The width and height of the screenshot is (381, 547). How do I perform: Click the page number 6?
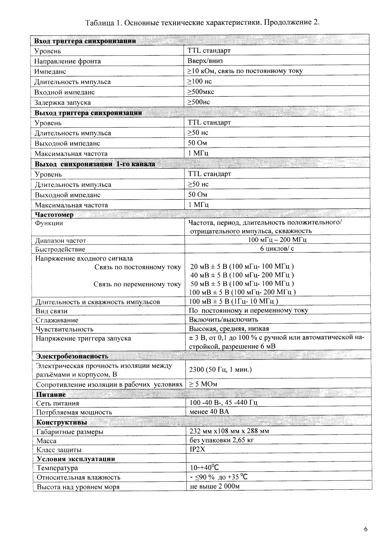tap(366, 529)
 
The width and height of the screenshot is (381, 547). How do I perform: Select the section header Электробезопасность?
tap(72, 356)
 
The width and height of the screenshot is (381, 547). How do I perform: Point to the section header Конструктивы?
tap(62, 422)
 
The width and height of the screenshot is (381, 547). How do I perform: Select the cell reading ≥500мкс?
tap(201, 92)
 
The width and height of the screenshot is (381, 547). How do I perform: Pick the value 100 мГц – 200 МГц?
tap(277, 240)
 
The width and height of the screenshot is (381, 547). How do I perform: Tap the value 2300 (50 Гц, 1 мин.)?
tap(221, 370)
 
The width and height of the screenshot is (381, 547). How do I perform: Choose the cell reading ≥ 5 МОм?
tap(203, 384)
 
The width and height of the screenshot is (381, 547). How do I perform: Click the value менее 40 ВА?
tap(209, 412)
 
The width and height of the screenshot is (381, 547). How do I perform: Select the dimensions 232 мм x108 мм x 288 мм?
tap(229, 431)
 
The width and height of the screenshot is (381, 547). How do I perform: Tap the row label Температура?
tap(57, 468)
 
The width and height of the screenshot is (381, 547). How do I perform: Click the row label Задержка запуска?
tap(62, 102)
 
